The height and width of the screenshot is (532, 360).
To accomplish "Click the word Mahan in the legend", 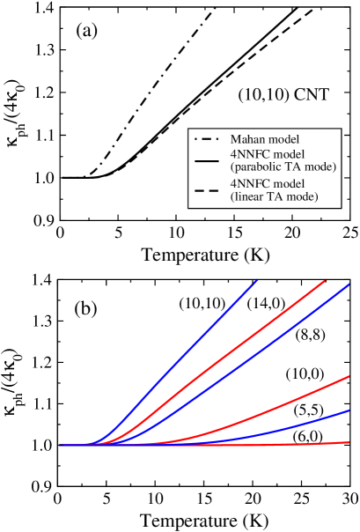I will coord(247,139).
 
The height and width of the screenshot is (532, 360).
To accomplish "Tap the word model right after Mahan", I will coord(283,139).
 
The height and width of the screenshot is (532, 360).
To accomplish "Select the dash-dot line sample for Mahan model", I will coord(206,139).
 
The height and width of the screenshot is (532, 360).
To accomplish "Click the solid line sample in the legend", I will coord(206,161).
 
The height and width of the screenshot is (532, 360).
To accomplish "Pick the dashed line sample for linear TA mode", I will coord(206,191).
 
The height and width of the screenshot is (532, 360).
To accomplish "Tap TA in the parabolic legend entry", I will coord(298,166).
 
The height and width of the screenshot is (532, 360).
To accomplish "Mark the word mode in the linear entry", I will coord(302,196).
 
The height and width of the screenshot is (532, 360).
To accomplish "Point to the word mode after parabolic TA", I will coord(322,166).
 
